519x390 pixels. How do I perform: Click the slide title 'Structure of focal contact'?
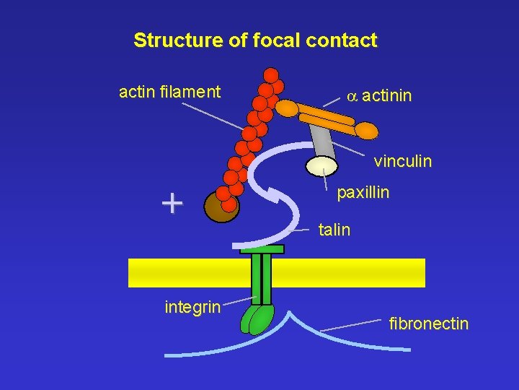pyautogui.click(x=255, y=40)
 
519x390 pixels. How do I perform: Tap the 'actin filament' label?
pyautogui.click(x=169, y=92)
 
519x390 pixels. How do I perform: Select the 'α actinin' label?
pyautogui.click(x=379, y=95)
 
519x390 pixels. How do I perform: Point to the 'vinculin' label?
pyautogui.click(x=403, y=161)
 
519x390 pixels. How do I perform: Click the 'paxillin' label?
pyautogui.click(x=363, y=193)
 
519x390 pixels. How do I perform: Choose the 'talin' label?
pyautogui.click(x=334, y=230)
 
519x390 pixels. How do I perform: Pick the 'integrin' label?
pyautogui.click(x=192, y=307)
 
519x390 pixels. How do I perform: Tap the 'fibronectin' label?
pyautogui.click(x=429, y=324)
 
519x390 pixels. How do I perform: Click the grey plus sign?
pyautogui.click(x=172, y=204)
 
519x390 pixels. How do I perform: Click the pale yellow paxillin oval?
pyautogui.click(x=321, y=166)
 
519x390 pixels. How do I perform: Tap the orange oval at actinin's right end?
pyautogui.click(x=365, y=131)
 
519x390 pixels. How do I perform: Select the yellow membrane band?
pyautogui.click(x=277, y=273)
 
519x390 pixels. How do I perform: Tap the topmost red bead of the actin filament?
pyautogui.click(x=271, y=75)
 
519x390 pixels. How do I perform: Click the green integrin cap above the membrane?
pyautogui.click(x=262, y=249)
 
